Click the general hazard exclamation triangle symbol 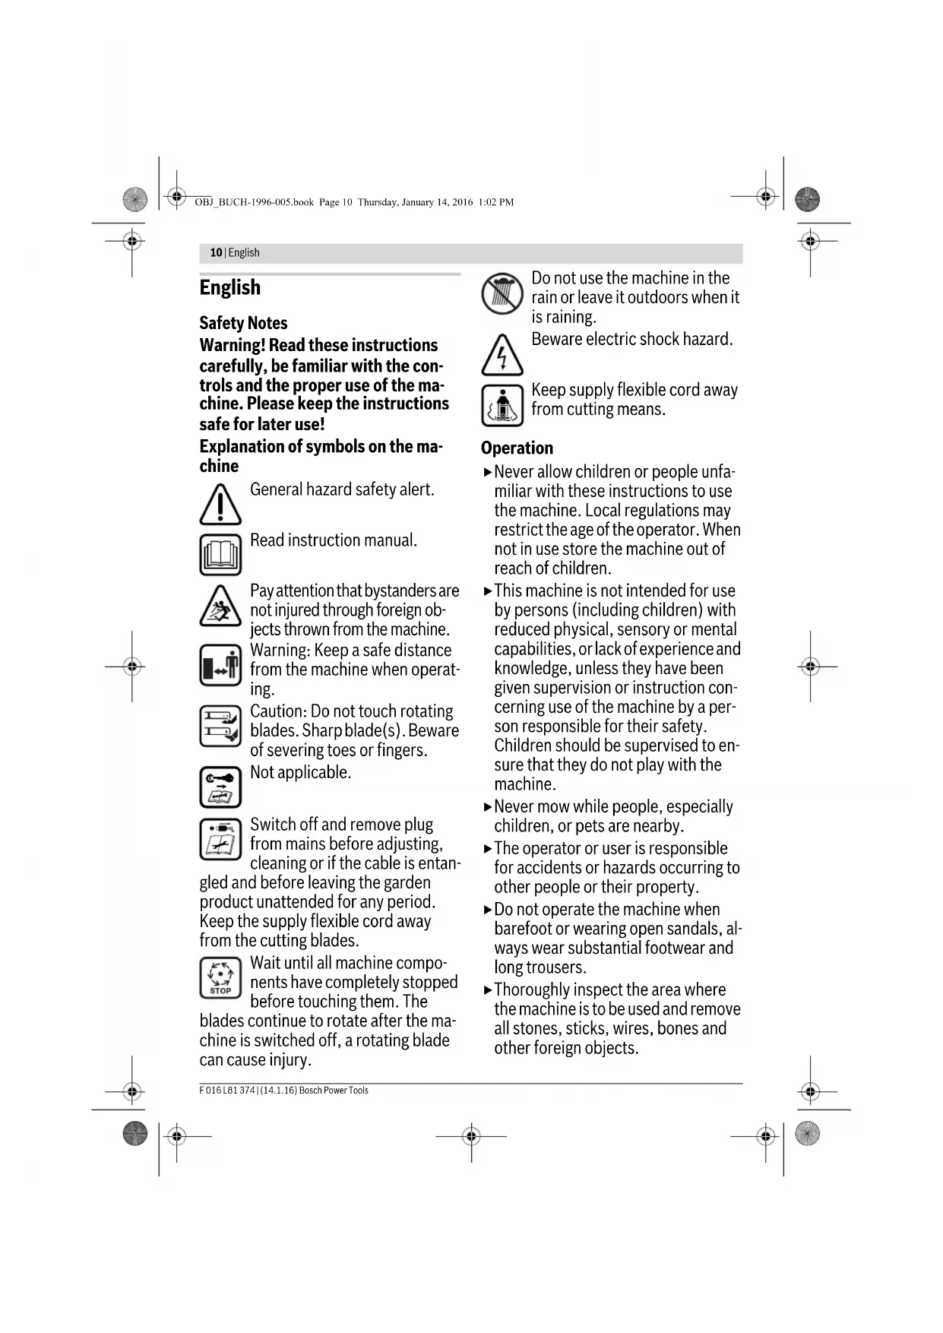click(x=220, y=504)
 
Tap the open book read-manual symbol click(x=220, y=554)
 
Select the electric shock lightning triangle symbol click(x=502, y=355)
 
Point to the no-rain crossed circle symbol click(x=502, y=294)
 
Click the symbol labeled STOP click(x=220, y=977)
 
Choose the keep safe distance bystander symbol click(x=220, y=665)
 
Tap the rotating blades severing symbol click(x=220, y=725)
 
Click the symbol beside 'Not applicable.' click(x=220, y=787)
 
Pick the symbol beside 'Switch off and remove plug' click(x=220, y=839)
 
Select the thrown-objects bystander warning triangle click(x=220, y=606)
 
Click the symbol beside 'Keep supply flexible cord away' click(x=502, y=405)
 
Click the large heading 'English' click(x=229, y=287)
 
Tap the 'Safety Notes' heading click(x=243, y=323)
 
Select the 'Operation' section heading click(x=517, y=448)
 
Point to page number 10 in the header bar click(x=216, y=253)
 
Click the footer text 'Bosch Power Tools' click(x=334, y=1091)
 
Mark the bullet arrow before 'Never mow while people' click(x=488, y=807)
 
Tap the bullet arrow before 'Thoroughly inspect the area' click(x=488, y=990)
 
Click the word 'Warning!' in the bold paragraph click(x=233, y=346)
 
